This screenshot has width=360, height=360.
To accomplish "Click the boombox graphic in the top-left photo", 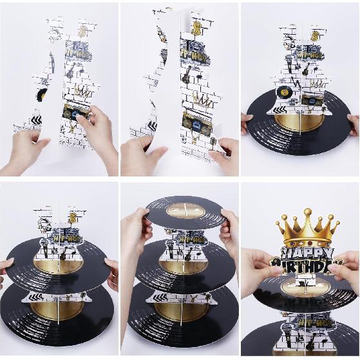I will pos(76,112).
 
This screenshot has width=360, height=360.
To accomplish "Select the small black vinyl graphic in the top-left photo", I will pos(41,94).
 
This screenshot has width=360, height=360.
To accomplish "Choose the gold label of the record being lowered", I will pos(184,209).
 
